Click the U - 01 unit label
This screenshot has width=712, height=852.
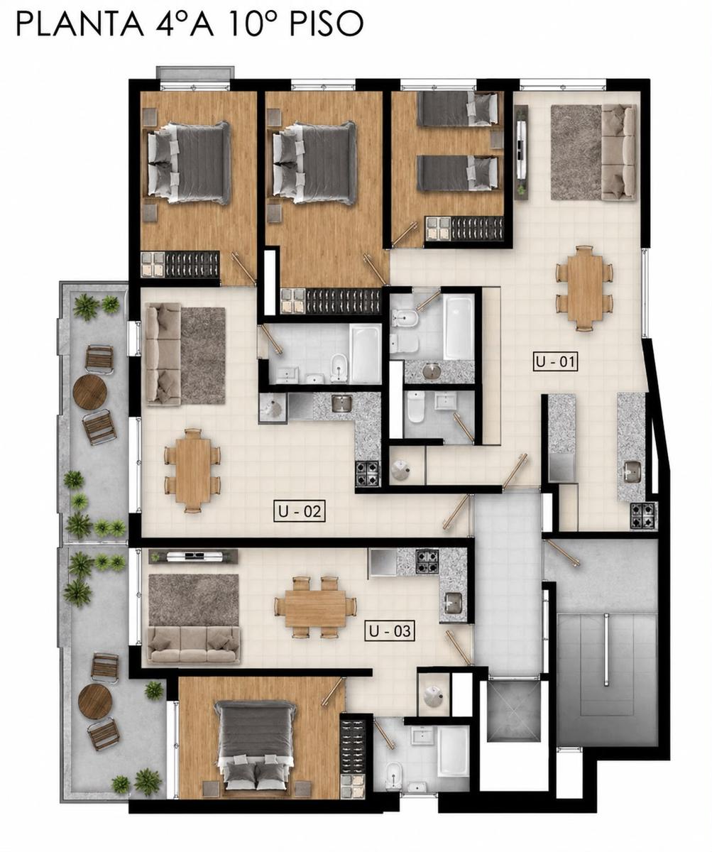tap(555, 361)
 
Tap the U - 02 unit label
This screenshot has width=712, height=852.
tap(299, 511)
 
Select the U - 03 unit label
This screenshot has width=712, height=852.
tap(390, 631)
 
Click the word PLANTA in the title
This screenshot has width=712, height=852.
tap(80, 23)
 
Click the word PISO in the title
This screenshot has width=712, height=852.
tap(325, 23)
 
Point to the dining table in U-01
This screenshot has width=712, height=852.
tap(584, 288)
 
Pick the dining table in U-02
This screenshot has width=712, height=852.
tap(192, 471)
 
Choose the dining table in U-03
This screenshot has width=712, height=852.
tap(314, 608)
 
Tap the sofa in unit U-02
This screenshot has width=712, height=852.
tap(163, 354)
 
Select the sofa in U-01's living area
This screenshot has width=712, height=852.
tap(618, 152)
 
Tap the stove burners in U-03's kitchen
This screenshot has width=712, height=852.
tap(427, 561)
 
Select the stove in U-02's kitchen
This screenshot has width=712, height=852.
tap(367, 474)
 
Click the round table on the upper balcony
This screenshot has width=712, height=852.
tap(89, 390)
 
